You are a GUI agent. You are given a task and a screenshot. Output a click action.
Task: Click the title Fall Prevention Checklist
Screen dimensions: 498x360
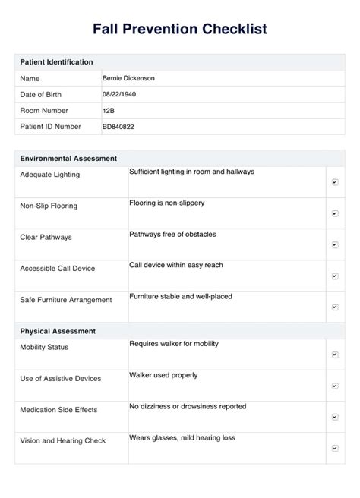(180, 29)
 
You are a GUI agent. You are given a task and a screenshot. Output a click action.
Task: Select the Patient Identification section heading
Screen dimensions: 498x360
(57, 61)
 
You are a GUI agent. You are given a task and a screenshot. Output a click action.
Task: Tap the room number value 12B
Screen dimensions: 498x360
(109, 110)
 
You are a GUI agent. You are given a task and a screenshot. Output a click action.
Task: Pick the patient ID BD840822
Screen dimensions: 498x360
(118, 126)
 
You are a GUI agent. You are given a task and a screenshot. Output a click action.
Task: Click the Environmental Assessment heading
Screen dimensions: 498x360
(68, 159)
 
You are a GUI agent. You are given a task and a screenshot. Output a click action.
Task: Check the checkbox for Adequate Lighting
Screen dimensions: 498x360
(335, 182)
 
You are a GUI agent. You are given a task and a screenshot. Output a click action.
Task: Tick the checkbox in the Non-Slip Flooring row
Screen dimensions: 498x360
(335, 213)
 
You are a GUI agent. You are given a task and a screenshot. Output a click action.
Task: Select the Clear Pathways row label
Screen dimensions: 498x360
(46, 238)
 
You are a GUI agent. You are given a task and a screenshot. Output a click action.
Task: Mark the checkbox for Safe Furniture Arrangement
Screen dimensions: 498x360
(335, 307)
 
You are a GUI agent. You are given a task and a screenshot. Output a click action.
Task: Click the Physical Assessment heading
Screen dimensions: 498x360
(58, 331)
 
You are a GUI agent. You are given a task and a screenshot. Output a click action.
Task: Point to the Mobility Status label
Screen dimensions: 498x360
(44, 348)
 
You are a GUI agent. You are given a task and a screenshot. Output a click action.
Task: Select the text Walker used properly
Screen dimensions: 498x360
(163, 375)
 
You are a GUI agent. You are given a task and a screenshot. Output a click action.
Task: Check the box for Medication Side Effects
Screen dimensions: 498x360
(335, 417)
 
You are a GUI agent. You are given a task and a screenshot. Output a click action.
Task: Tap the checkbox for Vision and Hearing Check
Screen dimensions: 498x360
(335, 448)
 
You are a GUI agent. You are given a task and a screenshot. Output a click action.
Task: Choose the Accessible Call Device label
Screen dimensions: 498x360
(58, 269)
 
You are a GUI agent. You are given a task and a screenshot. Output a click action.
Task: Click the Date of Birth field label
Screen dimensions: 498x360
(41, 94)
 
